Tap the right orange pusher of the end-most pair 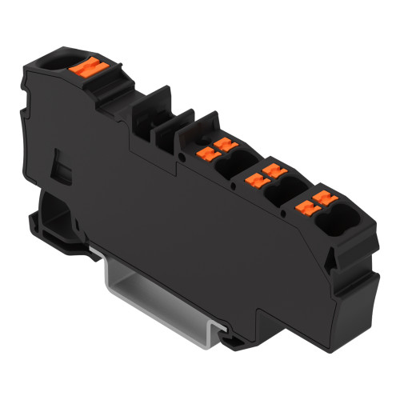click(322, 198)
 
